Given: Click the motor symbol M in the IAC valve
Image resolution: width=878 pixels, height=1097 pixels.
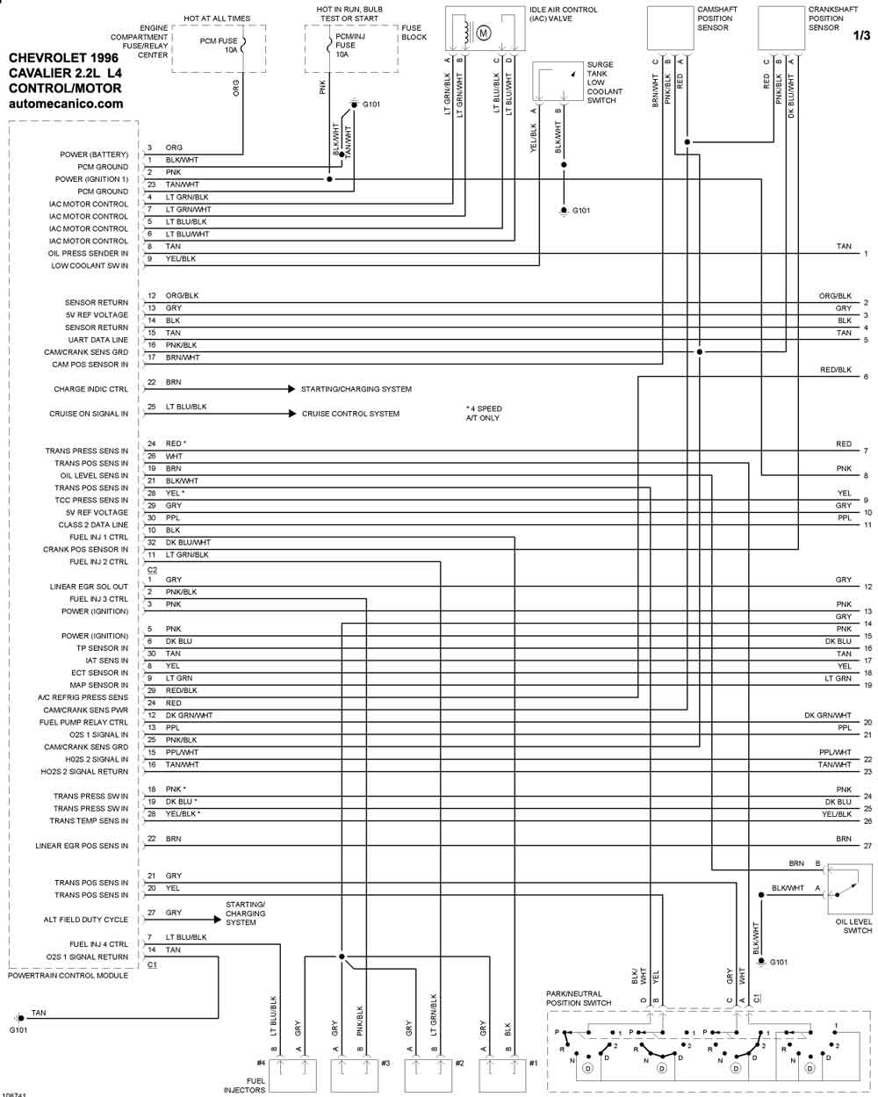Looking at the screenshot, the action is (x=483, y=33).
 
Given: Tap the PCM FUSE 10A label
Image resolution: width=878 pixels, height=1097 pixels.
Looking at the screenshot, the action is (x=219, y=46).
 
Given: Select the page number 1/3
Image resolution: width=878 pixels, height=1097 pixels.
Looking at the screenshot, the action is (x=861, y=35).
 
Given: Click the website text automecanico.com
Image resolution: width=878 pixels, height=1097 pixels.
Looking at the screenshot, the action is (x=66, y=104).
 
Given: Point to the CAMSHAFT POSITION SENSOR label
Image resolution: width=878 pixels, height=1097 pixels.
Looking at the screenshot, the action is (x=717, y=18).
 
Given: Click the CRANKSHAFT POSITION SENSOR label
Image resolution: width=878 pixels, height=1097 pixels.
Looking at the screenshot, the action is (x=832, y=18).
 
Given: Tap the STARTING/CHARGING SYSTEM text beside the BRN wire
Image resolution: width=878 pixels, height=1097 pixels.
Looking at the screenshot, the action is (x=356, y=389).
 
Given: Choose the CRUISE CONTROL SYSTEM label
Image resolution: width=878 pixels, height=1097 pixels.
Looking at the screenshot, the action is (x=350, y=414).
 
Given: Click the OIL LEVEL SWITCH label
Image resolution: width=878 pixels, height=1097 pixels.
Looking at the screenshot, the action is (x=853, y=926).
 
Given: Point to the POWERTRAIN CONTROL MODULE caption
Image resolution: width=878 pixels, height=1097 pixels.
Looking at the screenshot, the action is (x=68, y=975).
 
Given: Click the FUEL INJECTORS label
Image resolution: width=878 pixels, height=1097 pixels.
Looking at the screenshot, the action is (x=245, y=1086).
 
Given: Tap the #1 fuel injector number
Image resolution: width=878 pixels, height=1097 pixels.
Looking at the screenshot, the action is (x=533, y=1063).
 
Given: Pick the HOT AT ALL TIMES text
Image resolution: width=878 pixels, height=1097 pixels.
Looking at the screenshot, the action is (x=217, y=18).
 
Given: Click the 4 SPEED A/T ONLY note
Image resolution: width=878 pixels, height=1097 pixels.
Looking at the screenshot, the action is (x=484, y=413).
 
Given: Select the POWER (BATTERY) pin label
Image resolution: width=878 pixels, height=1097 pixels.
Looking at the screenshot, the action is (x=94, y=155).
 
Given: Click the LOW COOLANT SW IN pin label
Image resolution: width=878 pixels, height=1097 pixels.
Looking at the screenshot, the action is (x=90, y=265).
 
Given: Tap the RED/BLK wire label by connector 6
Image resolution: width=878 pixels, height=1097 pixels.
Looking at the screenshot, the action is (x=836, y=370).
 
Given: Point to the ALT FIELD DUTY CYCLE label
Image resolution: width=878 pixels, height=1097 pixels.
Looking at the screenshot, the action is (x=86, y=919).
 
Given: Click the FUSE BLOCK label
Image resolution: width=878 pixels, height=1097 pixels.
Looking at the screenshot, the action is (x=414, y=32).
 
